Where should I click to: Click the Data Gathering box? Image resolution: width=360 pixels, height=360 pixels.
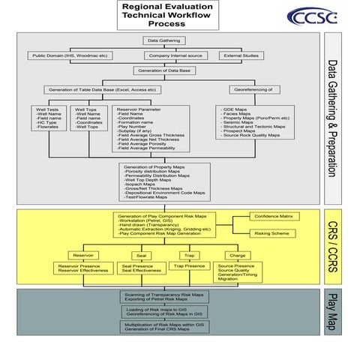point(163,40)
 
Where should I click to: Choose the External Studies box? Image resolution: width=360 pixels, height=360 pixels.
point(241,55)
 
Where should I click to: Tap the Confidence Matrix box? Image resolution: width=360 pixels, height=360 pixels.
point(275,216)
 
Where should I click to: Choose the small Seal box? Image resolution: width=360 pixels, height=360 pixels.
point(142,255)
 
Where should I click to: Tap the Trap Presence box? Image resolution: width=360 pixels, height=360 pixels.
point(190,266)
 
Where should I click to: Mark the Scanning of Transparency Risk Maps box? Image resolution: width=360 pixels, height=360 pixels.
point(163,297)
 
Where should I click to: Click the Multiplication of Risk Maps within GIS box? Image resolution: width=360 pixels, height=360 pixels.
point(163,327)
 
